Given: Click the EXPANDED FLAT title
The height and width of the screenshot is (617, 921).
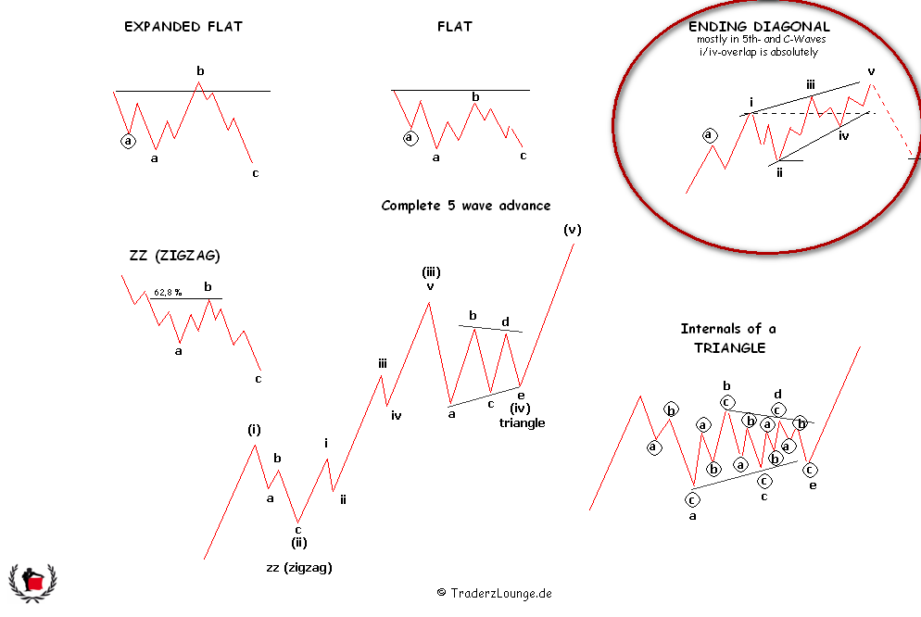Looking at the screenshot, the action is point(183,27).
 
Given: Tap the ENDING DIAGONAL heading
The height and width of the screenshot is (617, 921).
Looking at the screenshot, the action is point(759,27).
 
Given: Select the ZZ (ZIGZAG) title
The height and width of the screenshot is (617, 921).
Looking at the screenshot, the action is point(174,256).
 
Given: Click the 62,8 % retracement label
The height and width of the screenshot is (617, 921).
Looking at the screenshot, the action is point(168,292).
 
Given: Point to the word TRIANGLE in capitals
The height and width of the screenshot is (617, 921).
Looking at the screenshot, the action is point(729,348).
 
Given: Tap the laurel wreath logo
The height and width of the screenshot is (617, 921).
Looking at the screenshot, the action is point(33,583).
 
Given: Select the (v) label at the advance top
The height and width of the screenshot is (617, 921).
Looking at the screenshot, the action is point(572,230).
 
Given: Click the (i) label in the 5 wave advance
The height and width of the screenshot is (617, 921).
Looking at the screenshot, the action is point(254,430).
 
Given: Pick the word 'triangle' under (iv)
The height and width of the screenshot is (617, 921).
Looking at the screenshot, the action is point(523,422).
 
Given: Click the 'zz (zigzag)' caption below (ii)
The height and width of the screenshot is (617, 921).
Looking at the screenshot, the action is point(299,568).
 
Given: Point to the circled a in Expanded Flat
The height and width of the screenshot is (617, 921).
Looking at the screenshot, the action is point(128,141).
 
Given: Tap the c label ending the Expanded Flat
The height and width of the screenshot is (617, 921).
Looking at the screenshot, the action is point(256,173).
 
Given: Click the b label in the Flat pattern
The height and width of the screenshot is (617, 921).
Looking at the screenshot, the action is point(475,97).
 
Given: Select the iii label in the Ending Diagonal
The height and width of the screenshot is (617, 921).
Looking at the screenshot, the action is point(811,85).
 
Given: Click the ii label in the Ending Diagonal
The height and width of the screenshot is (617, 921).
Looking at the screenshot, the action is point(779,172).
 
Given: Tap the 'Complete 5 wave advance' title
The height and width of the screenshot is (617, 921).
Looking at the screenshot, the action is point(466,206).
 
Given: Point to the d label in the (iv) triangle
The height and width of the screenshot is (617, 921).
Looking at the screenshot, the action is point(505,321).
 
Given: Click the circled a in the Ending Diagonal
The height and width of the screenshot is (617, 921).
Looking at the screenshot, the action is point(710,135).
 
